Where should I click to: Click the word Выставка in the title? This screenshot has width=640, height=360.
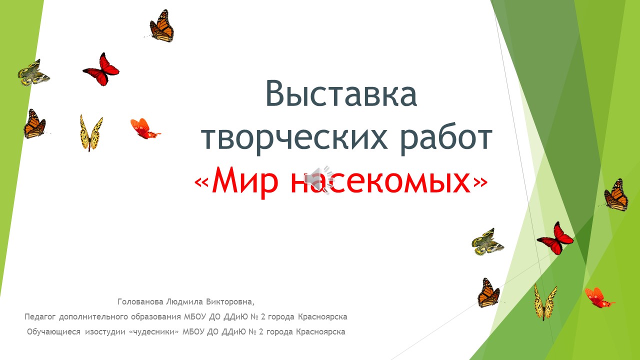coord(341,94)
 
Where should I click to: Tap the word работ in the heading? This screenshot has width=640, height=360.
coord(446,138)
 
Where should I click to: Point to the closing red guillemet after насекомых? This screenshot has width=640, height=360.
coord(480,182)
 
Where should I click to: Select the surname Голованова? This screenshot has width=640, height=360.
coord(140,301)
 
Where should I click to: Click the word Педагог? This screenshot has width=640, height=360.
coord(40,317)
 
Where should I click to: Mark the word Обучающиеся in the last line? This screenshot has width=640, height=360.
coord(53,332)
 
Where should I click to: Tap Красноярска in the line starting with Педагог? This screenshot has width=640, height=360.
coord(322,317)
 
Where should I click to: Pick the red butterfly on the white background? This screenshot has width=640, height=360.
coord(101,69)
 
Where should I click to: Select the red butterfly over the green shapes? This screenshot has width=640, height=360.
coord(555,238)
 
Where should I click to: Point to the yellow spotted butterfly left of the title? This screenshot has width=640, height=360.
coord(91,133)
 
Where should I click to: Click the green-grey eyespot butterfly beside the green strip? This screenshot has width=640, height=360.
coord(33,73)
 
